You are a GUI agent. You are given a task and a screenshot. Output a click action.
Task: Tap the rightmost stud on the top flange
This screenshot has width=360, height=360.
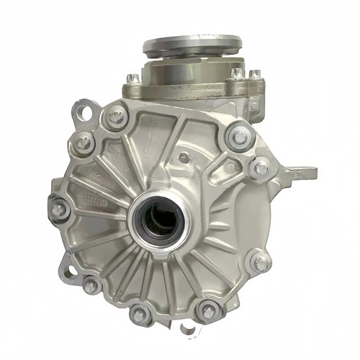point(253,74)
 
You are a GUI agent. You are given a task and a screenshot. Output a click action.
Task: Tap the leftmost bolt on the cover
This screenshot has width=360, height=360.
point(59,210)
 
